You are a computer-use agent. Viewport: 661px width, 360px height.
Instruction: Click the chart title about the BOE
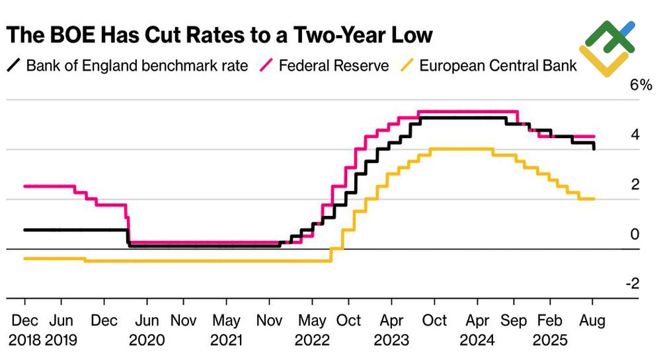219,35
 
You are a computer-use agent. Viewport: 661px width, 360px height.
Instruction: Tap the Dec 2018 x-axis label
24,330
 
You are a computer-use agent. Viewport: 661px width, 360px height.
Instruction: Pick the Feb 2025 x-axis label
551,330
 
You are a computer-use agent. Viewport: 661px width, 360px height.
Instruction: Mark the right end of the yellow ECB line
594,199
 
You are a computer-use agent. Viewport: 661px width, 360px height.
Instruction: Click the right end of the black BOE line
594,148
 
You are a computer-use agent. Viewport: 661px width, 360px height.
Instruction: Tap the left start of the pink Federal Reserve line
24,186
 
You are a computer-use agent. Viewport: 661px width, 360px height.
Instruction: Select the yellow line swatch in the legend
409,65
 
